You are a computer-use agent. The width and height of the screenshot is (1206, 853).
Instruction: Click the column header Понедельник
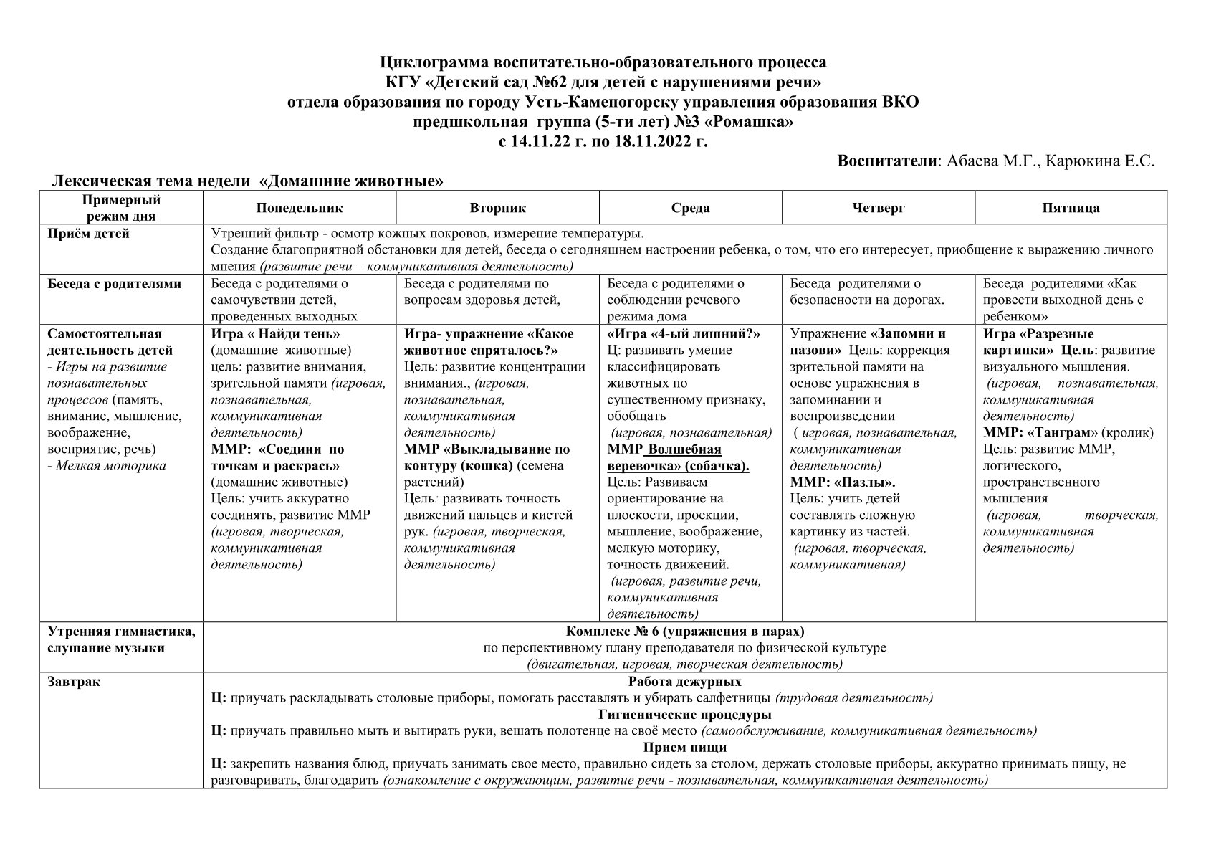300,209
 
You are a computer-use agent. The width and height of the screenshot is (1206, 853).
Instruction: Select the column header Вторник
497,209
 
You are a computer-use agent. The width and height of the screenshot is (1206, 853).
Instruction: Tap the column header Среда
690,209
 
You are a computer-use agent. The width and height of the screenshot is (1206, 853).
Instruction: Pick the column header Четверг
879,209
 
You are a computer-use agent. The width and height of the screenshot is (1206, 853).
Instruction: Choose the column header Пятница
1071,209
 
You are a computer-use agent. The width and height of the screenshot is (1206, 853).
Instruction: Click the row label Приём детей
88,234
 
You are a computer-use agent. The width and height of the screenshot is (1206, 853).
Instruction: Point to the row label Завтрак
74,682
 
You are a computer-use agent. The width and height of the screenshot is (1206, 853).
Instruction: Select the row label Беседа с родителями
114,284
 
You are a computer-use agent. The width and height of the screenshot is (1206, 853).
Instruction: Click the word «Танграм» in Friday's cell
1063,433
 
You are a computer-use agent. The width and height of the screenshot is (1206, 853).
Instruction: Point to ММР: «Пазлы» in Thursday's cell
842,482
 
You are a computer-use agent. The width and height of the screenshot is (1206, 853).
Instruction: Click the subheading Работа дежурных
684,682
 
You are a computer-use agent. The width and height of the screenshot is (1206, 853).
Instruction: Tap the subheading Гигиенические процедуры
684,715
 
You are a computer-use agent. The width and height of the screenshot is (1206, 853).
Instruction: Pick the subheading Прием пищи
684,748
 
